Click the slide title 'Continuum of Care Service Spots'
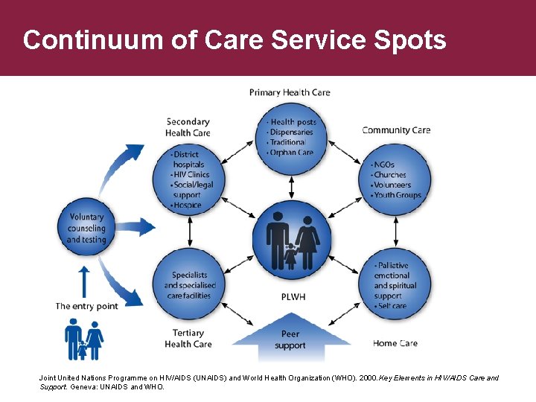[234, 39]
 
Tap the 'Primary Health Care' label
[290, 92]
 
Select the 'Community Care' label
[396, 130]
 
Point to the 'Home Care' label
[395, 343]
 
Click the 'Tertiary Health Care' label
[188, 339]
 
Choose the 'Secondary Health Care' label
[188, 127]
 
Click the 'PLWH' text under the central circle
[293, 297]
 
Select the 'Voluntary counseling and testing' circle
[86, 228]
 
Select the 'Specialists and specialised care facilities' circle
[189, 285]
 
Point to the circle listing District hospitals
[190, 179]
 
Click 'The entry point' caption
[86, 306]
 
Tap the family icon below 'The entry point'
[83, 339]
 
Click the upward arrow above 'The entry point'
[84, 281]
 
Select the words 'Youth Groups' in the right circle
[398, 195]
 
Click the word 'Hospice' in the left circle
[187, 205]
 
